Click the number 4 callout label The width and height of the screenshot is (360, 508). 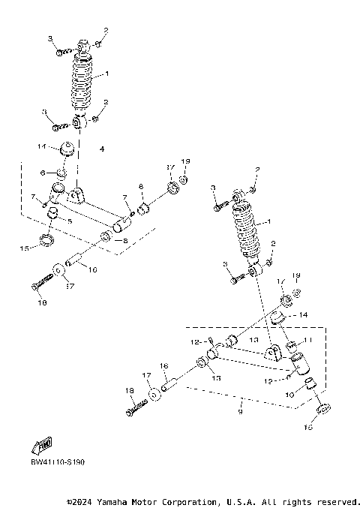tap(102, 149)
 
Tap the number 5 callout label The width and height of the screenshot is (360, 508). tap(70, 221)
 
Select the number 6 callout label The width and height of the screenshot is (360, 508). tap(43, 172)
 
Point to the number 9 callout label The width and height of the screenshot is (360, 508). tap(241, 412)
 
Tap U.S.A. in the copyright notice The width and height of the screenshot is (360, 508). tap(262, 501)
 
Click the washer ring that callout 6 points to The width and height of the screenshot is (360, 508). tap(61, 175)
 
